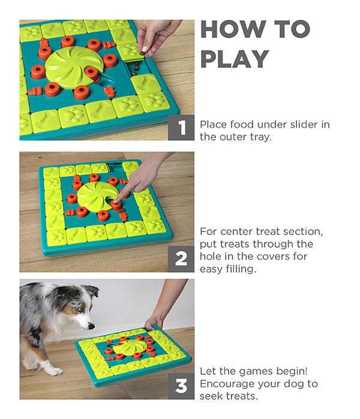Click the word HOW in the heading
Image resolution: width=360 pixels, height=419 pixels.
tap(233, 29)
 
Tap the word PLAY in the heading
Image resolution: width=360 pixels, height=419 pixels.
tap(235, 59)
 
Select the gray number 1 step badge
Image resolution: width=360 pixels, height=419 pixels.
tap(181, 128)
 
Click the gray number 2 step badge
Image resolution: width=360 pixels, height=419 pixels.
tap(181, 259)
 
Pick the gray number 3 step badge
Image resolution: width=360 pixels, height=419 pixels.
tap(181, 386)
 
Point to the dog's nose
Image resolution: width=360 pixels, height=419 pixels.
tap(91, 326)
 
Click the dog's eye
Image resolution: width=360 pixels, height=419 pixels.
tap(79, 310)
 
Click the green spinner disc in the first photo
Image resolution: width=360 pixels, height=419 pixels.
tap(74, 64)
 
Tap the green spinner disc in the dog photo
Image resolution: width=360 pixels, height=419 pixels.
tap(130, 347)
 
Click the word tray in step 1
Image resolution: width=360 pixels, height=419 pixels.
tap(260, 137)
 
